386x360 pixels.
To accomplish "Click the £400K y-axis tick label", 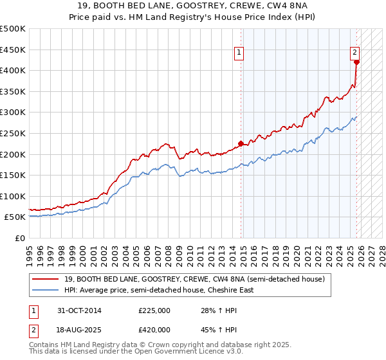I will pos(13,70).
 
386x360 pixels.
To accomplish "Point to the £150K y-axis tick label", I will pos(13,175).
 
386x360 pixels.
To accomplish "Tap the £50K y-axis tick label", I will pos(15,217).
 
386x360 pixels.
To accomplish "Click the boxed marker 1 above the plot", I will pos(239,53).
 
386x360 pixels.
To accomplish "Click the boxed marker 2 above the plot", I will pos(355,53).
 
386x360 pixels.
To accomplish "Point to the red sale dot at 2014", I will pos(241,143).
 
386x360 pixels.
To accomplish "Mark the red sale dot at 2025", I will pos(356,62).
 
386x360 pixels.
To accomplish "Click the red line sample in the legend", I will pos(45,279).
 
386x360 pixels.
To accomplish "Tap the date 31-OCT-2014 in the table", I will pos(78,310).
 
